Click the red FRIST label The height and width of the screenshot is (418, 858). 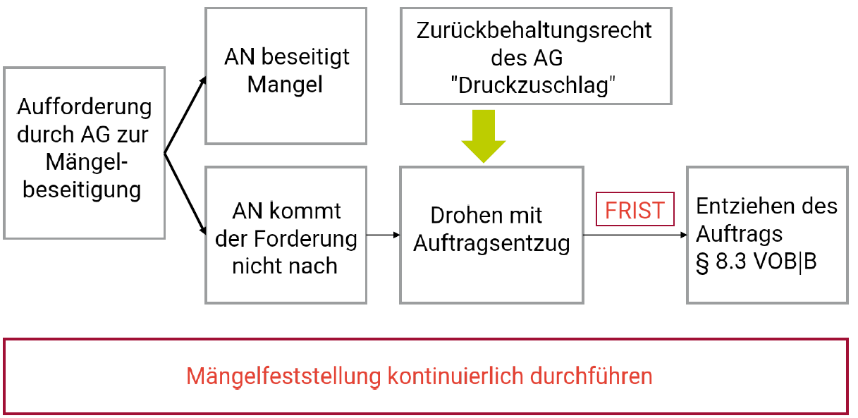click(635, 210)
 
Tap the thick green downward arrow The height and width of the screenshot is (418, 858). click(484, 136)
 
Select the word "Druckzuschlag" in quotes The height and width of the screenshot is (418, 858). click(534, 85)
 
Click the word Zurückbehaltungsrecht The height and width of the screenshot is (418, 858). click(534, 31)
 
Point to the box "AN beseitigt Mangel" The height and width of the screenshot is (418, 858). click(286, 76)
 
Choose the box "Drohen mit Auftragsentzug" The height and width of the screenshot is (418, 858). click(491, 235)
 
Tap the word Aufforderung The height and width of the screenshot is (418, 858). click(84, 107)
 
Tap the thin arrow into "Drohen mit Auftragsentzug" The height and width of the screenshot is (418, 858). click(384, 235)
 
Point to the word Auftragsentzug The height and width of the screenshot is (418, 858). click(491, 244)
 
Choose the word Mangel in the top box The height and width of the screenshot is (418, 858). click(285, 85)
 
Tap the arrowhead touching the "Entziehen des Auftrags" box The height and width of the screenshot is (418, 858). click(682, 235)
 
